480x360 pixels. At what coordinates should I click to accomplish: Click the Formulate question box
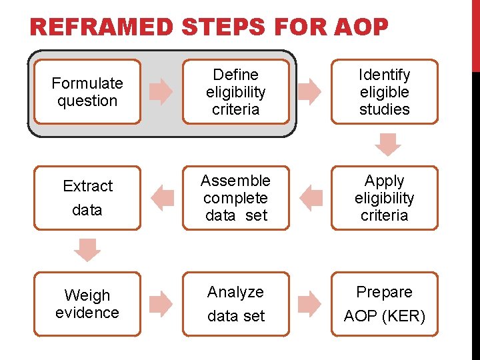click(x=87, y=92)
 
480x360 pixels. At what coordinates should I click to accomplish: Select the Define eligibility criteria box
click(x=236, y=92)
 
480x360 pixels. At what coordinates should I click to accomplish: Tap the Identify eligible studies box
click(x=385, y=92)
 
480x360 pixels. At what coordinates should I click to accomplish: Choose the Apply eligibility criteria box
click(x=385, y=198)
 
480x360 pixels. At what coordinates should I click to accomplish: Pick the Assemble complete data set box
click(x=236, y=198)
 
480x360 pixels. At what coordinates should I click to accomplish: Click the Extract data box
click(x=87, y=198)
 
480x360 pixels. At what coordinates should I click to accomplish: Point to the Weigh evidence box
click(x=87, y=304)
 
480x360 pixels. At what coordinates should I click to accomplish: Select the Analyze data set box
click(x=236, y=304)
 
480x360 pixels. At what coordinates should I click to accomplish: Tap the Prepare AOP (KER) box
click(x=385, y=304)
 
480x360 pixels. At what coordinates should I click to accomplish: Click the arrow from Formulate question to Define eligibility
click(x=161, y=92)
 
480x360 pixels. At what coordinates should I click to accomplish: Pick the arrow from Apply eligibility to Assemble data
click(x=311, y=198)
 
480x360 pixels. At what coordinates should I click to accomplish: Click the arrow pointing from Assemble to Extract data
click(x=162, y=198)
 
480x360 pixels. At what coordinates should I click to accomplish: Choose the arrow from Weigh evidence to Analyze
click(x=161, y=304)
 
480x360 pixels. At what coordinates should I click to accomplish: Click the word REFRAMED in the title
click(x=101, y=28)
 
